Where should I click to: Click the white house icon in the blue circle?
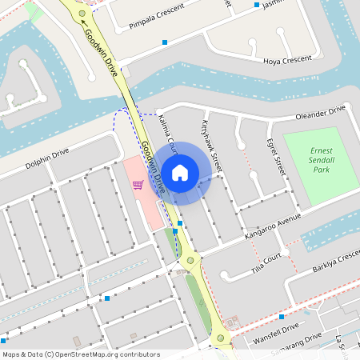tap(180, 172)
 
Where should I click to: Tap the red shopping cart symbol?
tap(138, 185)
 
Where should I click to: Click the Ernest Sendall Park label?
tap(321, 160)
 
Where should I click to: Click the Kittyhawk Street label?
tap(211, 142)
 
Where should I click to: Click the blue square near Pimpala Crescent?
tap(165, 42)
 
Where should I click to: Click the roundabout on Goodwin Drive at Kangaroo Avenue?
tap(190, 260)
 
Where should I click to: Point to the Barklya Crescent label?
tap(336, 260)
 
